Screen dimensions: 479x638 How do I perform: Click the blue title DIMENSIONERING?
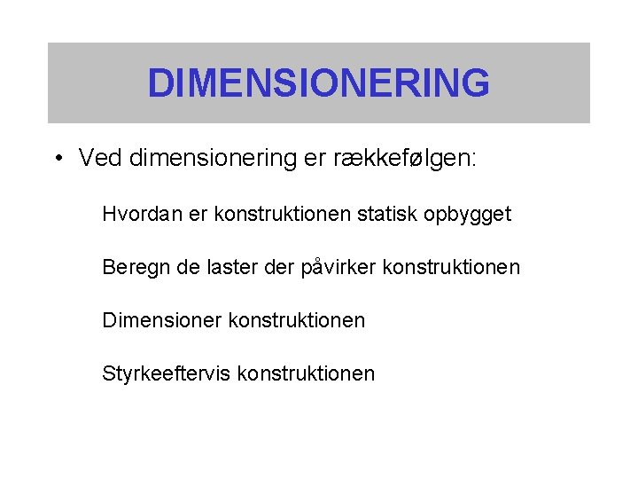tap(318, 82)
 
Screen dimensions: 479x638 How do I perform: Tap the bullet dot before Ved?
tap(57, 160)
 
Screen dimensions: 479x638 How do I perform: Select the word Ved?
tap(100, 159)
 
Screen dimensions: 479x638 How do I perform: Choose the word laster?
tap(234, 267)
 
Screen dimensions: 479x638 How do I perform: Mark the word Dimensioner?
tap(162, 320)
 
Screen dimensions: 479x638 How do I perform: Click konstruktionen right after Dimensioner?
tap(297, 320)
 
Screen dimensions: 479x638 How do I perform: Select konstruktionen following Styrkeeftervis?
tap(307, 373)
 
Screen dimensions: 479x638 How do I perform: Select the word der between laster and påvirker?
tap(281, 267)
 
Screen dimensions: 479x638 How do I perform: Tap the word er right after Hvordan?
tap(193, 214)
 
